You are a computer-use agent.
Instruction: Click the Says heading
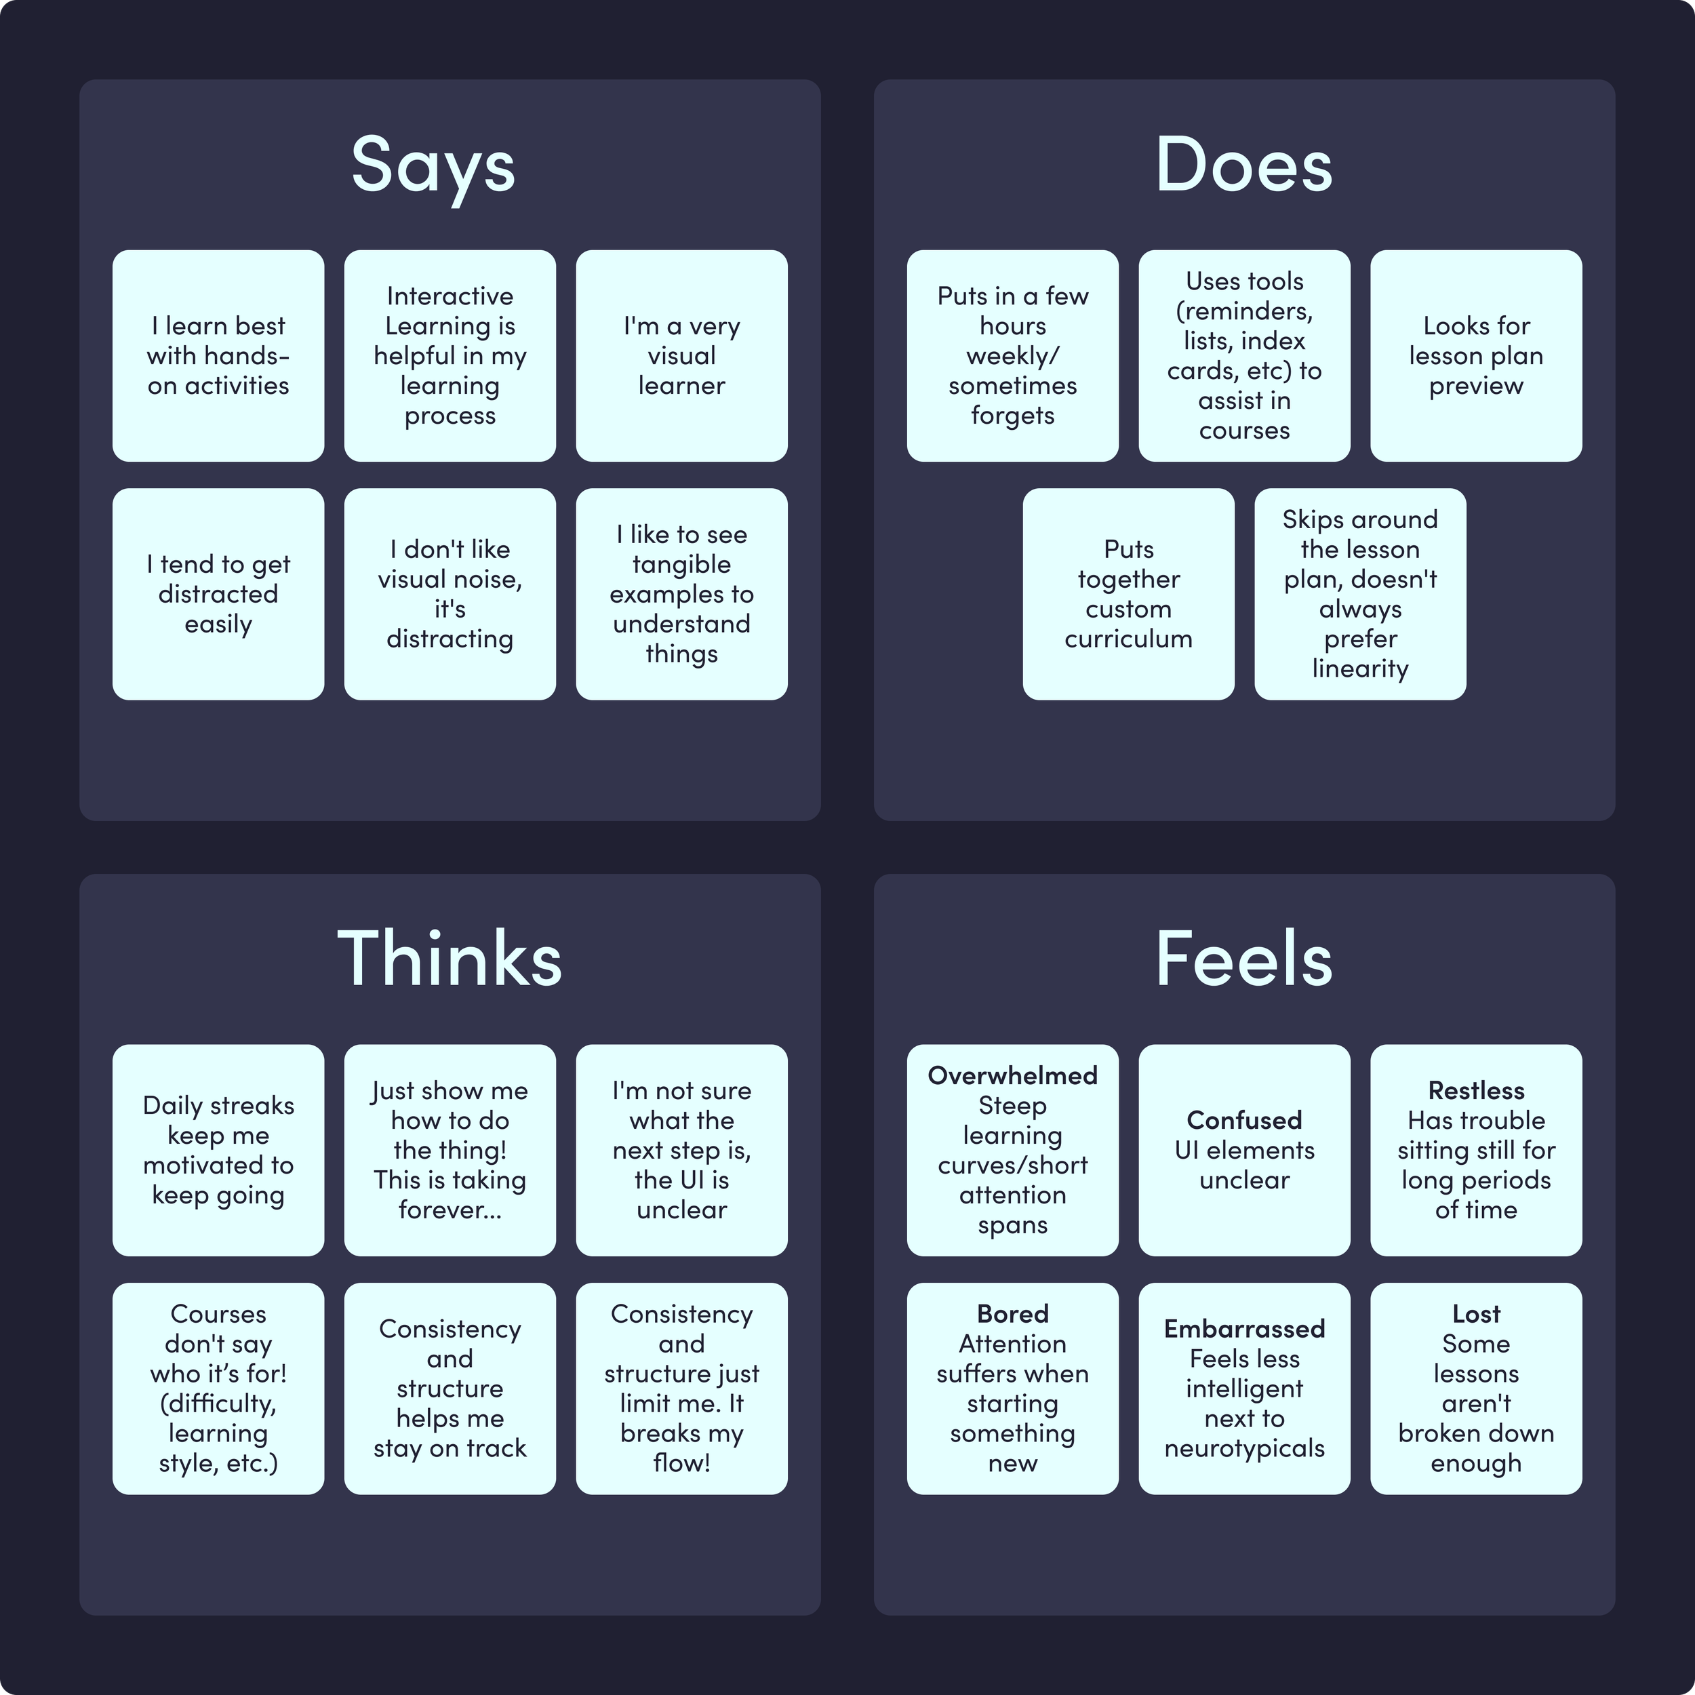click(433, 166)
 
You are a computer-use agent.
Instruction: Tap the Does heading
click(1243, 166)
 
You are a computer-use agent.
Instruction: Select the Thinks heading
click(450, 959)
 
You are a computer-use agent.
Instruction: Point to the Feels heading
click(1243, 959)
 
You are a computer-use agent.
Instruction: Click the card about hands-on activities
click(218, 355)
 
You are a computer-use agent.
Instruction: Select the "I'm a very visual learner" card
click(681, 355)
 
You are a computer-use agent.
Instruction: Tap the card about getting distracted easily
click(218, 594)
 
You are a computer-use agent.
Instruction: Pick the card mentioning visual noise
click(450, 594)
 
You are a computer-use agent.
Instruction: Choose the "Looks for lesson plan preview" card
click(1476, 355)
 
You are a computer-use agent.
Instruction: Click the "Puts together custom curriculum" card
click(1128, 594)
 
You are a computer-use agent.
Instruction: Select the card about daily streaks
click(218, 1149)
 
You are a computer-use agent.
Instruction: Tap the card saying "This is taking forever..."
click(450, 1149)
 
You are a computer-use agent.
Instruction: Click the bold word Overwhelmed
click(1012, 1075)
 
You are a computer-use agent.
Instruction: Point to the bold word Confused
click(1244, 1120)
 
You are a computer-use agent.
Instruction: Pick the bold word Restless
click(1476, 1090)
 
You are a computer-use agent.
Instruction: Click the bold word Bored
click(1012, 1313)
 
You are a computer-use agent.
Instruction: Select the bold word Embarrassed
click(1244, 1328)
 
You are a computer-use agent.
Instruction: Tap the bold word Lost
click(1476, 1313)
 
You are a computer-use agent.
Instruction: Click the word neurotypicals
click(1244, 1448)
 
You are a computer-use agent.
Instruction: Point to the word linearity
click(1360, 669)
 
